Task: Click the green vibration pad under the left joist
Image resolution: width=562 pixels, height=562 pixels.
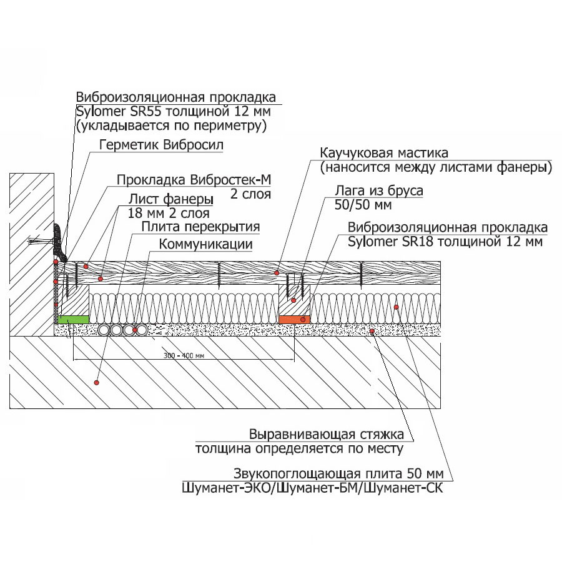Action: point(72,319)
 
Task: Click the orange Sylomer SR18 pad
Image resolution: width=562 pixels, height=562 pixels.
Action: point(293,319)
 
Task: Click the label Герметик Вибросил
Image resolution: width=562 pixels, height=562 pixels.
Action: point(161,145)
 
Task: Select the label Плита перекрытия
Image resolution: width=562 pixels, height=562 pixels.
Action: point(200,227)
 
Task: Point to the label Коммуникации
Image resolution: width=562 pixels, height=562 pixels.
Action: point(205,244)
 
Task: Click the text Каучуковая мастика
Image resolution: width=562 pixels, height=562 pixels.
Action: point(384,154)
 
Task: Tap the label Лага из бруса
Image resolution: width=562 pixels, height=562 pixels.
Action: point(379,191)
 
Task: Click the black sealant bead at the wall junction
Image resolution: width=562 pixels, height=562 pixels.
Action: point(59,240)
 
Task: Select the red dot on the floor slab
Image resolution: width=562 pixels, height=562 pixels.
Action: point(96,381)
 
